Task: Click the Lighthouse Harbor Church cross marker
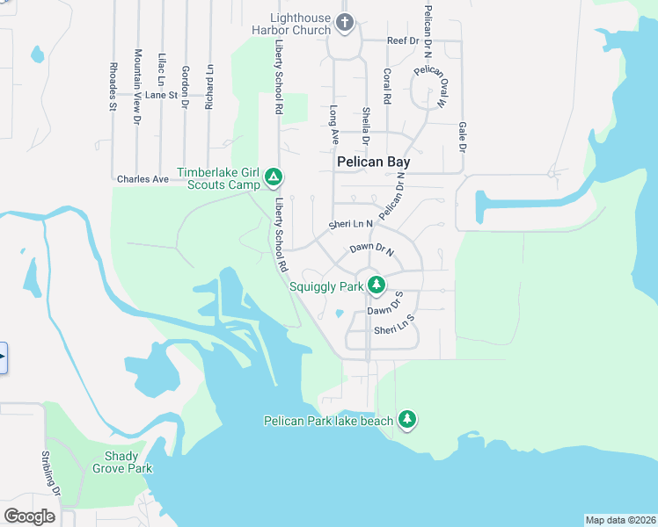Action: coord(345,22)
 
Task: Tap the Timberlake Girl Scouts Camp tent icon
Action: coord(274,178)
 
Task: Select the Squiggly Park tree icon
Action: coord(376,285)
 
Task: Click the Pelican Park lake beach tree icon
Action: coord(406,420)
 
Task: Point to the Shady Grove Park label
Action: coord(122,462)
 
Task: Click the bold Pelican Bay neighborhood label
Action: coord(374,162)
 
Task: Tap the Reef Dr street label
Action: coord(406,40)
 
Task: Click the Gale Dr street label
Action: coord(461,136)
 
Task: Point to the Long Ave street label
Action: coord(333,125)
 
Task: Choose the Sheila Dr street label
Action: coord(365,126)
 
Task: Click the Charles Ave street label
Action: coord(143,179)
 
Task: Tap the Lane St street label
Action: coord(161,94)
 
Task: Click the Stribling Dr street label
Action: coord(50,474)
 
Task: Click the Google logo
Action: coord(30,516)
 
